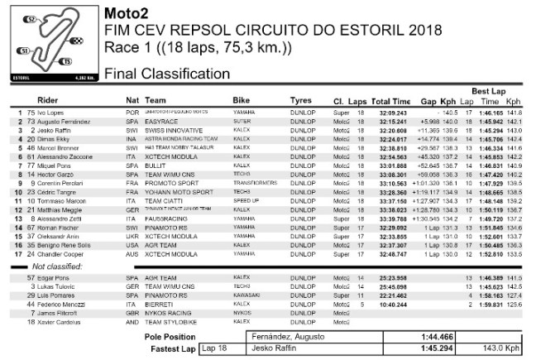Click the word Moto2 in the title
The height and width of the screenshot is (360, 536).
(x=124, y=14)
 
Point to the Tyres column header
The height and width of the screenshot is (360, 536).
(x=302, y=100)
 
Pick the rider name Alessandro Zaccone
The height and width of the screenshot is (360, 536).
(x=65, y=156)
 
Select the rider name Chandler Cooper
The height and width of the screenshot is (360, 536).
(x=60, y=254)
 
